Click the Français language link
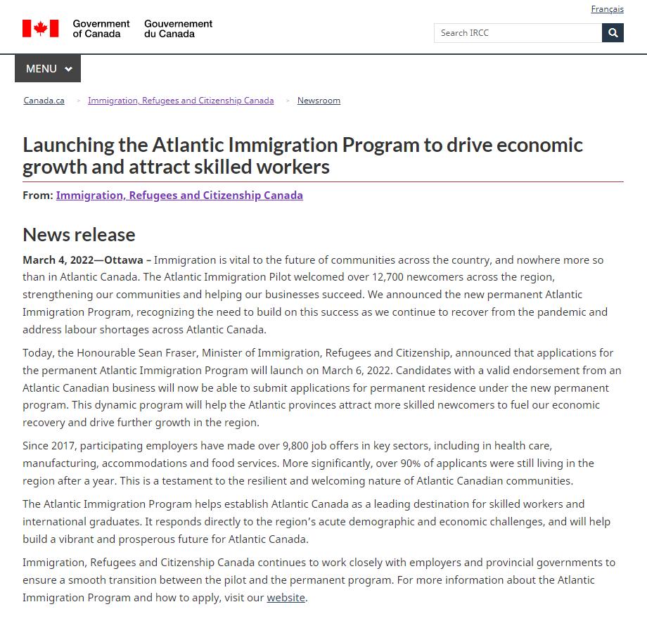coord(607,9)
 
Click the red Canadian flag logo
coord(40,28)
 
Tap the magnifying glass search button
coord(613,32)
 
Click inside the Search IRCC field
coord(518,32)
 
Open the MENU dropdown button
coord(48,69)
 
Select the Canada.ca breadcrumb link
coord(44,101)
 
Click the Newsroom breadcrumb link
coord(319,101)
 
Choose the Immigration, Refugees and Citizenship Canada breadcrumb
coord(181,101)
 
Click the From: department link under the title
coord(179,195)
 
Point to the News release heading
coord(79,234)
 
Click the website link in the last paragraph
coord(286,598)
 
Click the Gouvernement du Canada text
coord(178,28)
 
